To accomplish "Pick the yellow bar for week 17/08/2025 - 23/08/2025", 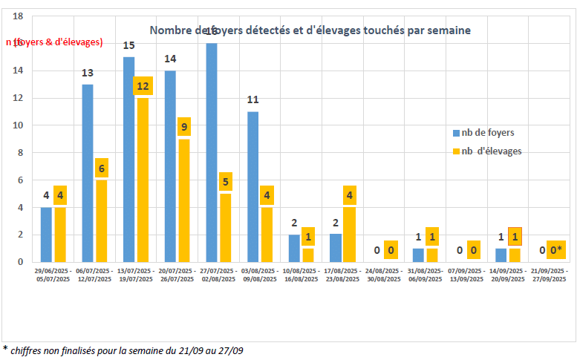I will (349, 235).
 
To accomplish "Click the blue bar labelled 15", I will (129, 159).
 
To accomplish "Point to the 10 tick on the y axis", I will (19, 125).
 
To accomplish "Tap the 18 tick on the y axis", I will (19, 16).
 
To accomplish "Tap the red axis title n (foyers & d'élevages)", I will (54, 42).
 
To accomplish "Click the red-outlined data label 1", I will (514, 236).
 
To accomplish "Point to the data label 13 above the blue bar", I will (87, 73).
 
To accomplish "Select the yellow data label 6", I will (101, 168).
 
